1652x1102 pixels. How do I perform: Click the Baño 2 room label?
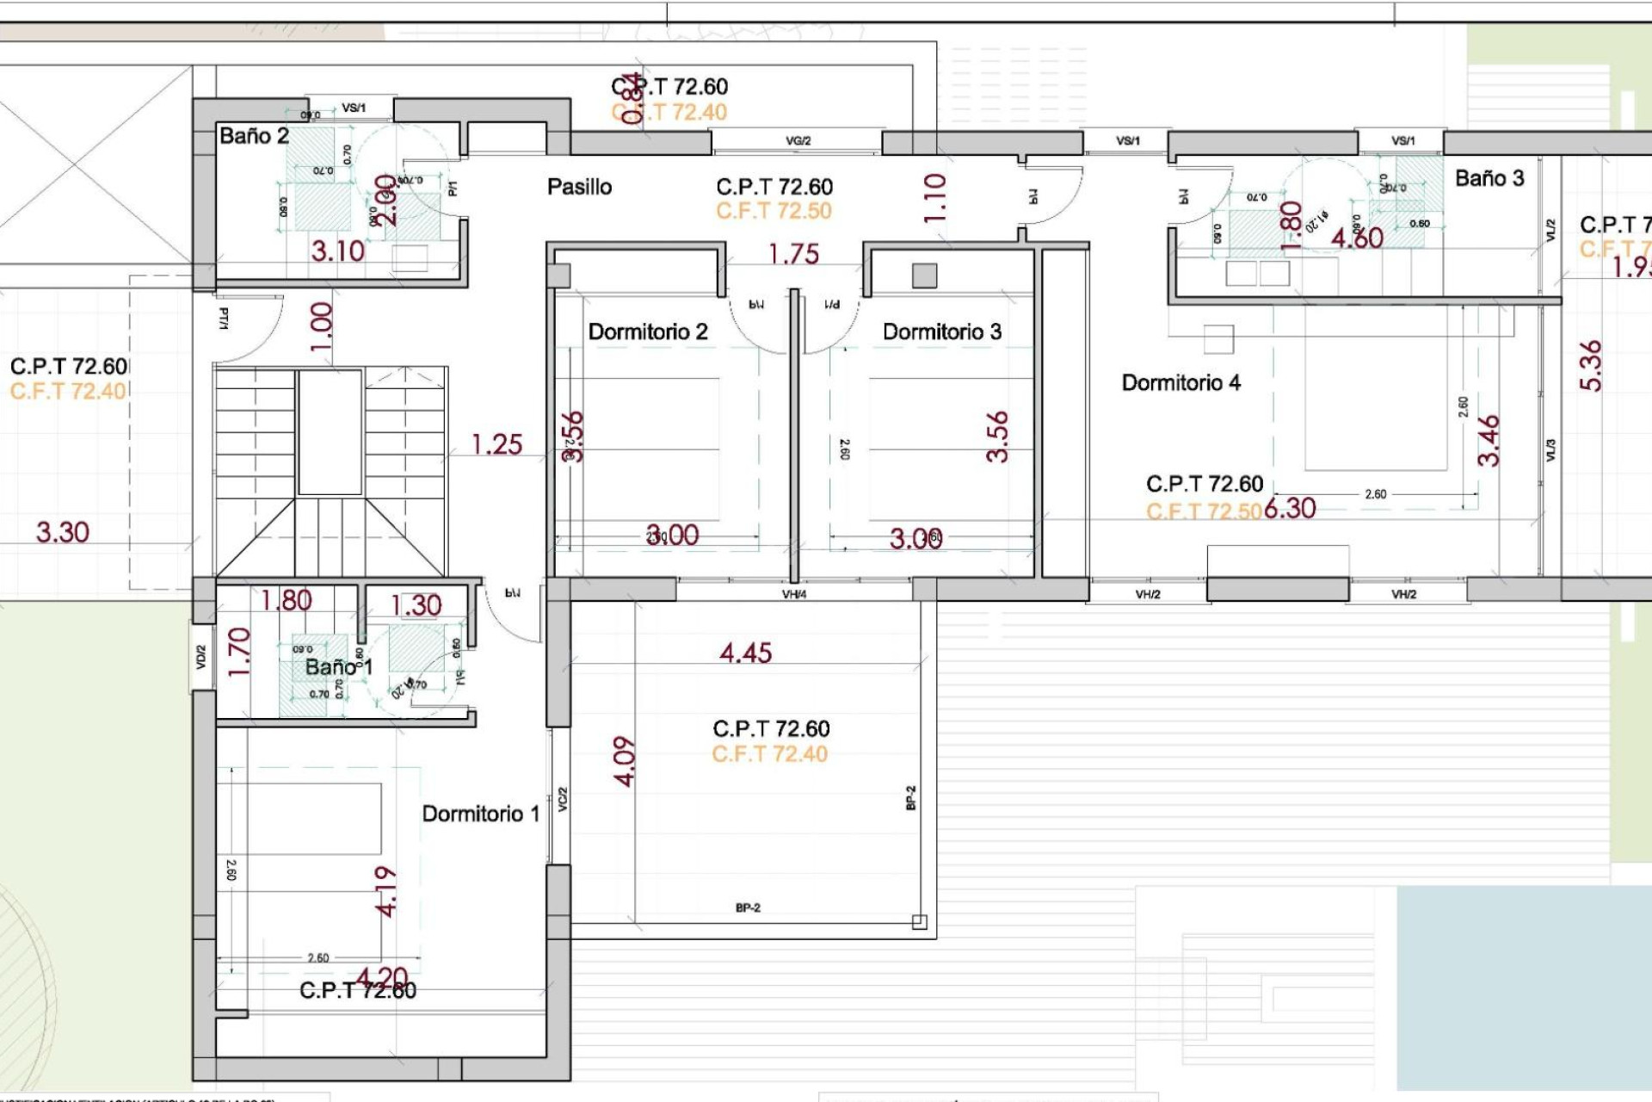click(254, 136)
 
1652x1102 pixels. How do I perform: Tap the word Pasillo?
click(579, 187)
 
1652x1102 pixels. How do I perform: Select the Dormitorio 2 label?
click(647, 332)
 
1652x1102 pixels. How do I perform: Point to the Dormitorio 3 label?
click(942, 332)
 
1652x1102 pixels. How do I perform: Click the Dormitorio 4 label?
click(1180, 383)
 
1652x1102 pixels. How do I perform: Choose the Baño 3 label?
click(1489, 179)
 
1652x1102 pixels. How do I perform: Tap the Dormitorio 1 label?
click(480, 814)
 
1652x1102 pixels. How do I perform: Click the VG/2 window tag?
click(798, 141)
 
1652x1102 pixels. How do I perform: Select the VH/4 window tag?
click(794, 595)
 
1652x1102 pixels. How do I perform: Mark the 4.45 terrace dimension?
click(745, 653)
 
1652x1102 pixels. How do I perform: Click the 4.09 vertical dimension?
click(626, 762)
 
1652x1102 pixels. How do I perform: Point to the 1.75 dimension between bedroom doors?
click(793, 255)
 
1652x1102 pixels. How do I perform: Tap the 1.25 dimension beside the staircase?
click(496, 445)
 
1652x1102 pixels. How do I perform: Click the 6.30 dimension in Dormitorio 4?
click(1290, 509)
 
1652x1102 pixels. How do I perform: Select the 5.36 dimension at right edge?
click(1591, 366)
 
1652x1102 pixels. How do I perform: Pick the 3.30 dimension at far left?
click(62, 533)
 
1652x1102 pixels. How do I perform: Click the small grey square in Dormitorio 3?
click(924, 275)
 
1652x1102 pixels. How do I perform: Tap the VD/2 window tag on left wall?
click(200, 658)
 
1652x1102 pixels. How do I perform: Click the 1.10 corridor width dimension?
click(935, 198)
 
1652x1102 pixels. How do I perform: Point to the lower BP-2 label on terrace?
click(748, 907)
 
